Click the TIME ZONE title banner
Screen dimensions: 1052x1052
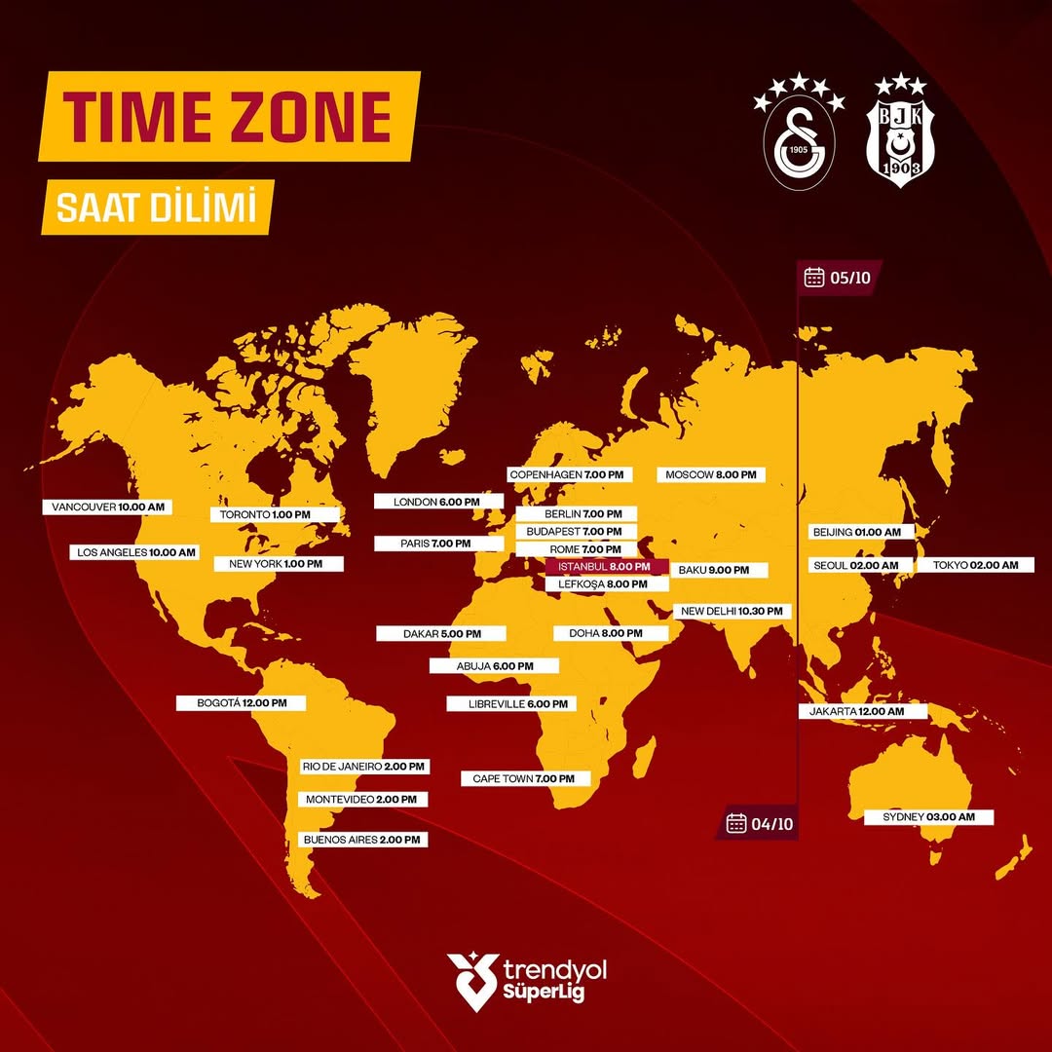(x=230, y=116)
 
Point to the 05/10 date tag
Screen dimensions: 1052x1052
(x=837, y=278)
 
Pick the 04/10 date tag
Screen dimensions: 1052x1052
(x=761, y=824)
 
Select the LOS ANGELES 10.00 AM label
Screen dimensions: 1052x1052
(x=136, y=552)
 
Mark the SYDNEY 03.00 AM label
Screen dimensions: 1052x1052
(x=928, y=817)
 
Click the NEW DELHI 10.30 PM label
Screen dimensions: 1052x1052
(x=732, y=611)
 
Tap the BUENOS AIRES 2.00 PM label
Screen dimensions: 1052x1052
(x=362, y=839)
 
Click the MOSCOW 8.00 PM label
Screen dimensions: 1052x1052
(x=710, y=474)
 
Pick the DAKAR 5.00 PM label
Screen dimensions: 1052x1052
(x=442, y=633)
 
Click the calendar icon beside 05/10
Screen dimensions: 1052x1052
(x=814, y=278)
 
